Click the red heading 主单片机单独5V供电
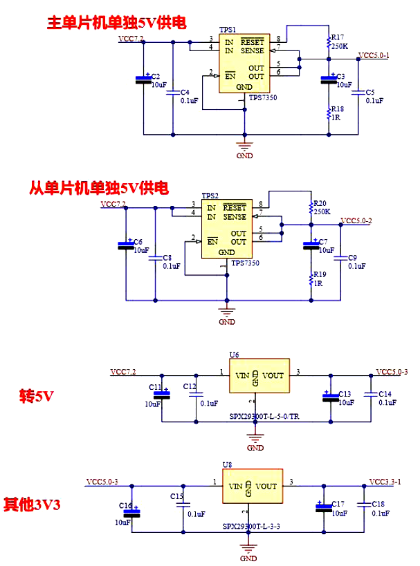(116, 23)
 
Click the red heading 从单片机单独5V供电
(99, 187)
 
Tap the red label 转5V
(36, 397)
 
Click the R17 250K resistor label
(339, 41)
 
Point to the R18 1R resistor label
(337, 113)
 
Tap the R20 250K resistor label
(321, 207)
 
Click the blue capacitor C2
(143, 79)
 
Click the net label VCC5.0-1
(374, 55)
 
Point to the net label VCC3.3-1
(385, 481)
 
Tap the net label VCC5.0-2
(356, 220)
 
